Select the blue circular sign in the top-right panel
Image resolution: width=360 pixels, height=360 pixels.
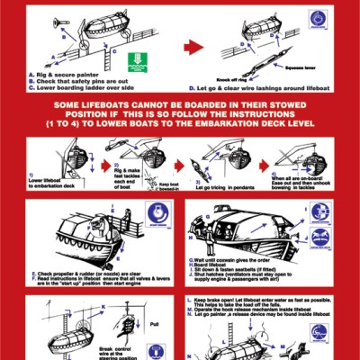[x=318, y=17]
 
